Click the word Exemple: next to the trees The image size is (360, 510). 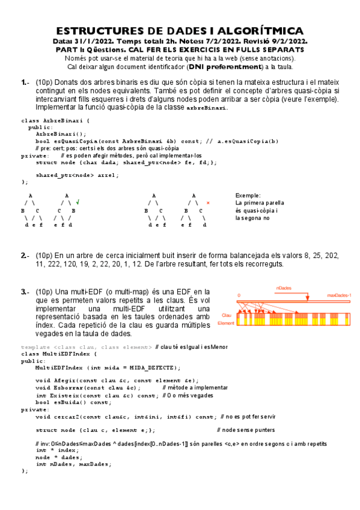248,195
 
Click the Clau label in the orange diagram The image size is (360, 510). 227,315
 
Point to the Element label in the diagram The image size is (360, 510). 226,323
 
